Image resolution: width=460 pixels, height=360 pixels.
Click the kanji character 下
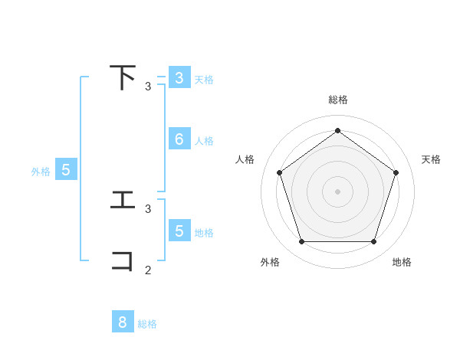(123, 77)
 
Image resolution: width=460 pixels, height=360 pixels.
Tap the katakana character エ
(123, 200)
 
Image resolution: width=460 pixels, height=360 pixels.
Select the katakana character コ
(123, 260)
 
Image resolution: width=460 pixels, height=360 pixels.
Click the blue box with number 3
(179, 78)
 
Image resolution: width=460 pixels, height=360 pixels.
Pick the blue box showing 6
(179, 139)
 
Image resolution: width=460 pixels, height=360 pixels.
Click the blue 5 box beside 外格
(66, 171)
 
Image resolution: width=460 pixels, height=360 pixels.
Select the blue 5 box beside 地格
(179, 231)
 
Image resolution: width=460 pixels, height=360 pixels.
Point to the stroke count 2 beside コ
(148, 270)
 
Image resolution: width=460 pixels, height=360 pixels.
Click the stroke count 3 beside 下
(148, 87)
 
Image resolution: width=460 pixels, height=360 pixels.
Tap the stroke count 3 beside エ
(148, 208)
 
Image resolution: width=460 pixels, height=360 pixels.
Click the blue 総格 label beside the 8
(147, 324)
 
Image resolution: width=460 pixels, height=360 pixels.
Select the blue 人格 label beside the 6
(204, 141)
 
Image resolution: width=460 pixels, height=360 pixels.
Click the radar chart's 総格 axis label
(338, 100)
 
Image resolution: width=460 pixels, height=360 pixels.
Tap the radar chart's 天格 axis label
(432, 159)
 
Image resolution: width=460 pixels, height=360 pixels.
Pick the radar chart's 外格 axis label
(270, 262)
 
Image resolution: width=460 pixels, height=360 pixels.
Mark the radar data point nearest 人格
(279, 172)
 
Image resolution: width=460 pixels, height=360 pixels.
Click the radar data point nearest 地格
(373, 242)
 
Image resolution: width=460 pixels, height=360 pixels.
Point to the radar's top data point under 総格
(338, 130)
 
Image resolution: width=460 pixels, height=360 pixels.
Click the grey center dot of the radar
(338, 191)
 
